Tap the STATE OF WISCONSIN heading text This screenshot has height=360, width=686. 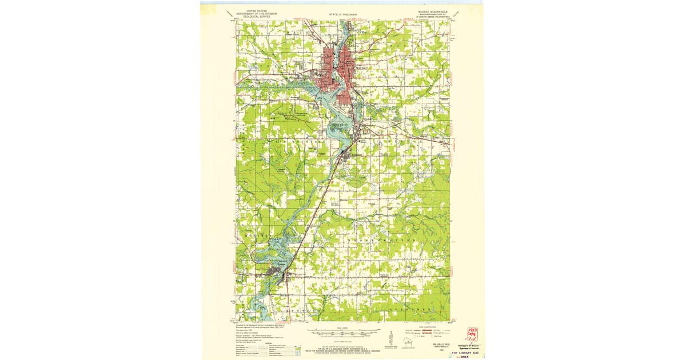343,13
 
